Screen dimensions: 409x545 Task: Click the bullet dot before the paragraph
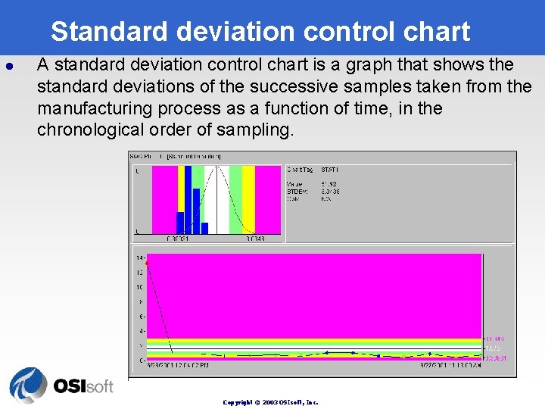tap(10, 66)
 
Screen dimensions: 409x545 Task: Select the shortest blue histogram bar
tap(204, 228)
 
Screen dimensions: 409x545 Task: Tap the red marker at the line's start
tap(147, 263)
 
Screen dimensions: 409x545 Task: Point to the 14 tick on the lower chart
tap(140, 258)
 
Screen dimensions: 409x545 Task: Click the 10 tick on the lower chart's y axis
tap(140, 287)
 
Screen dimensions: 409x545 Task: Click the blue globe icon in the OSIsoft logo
tap(28, 386)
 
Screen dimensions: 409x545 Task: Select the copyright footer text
tap(270, 402)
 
